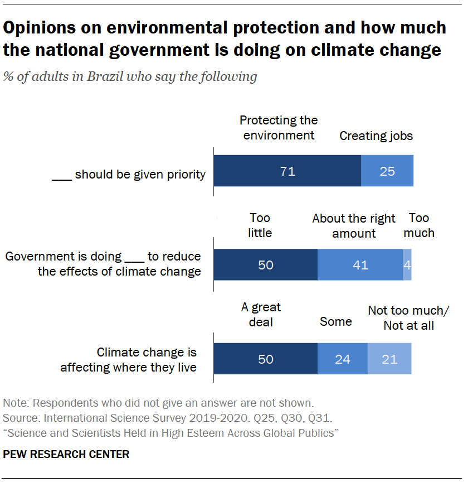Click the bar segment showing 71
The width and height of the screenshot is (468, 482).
coord(287,171)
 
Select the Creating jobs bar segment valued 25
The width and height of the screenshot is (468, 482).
coord(387,171)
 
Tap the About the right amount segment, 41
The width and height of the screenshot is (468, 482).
coord(360,264)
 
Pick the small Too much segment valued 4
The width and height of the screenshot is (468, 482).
coord(407,264)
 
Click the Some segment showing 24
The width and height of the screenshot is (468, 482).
coord(342,359)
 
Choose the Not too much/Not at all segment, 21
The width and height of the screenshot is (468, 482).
coord(389,359)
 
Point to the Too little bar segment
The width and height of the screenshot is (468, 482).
coord(266,264)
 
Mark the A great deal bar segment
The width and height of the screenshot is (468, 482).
coord(266,359)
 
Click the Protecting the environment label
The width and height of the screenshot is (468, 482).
coord(279,128)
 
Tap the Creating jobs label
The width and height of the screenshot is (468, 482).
coord(376,136)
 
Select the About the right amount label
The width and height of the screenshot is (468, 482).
coord(354,226)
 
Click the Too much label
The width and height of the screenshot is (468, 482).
coord(419,225)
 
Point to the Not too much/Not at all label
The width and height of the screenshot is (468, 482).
coord(408,318)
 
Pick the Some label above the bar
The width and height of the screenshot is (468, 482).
coord(336,322)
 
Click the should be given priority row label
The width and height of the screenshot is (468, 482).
coord(129,175)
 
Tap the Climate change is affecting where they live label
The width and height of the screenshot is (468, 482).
coord(129,360)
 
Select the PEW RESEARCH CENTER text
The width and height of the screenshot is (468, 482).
coord(66,455)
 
